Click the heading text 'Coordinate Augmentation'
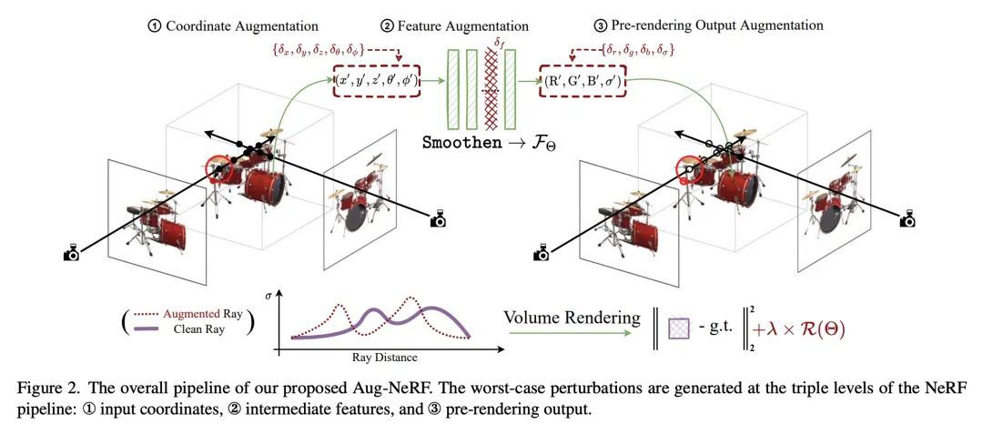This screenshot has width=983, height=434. click(x=241, y=25)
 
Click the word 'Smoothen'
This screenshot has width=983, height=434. click(x=459, y=144)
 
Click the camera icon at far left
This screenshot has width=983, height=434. click(x=72, y=253)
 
